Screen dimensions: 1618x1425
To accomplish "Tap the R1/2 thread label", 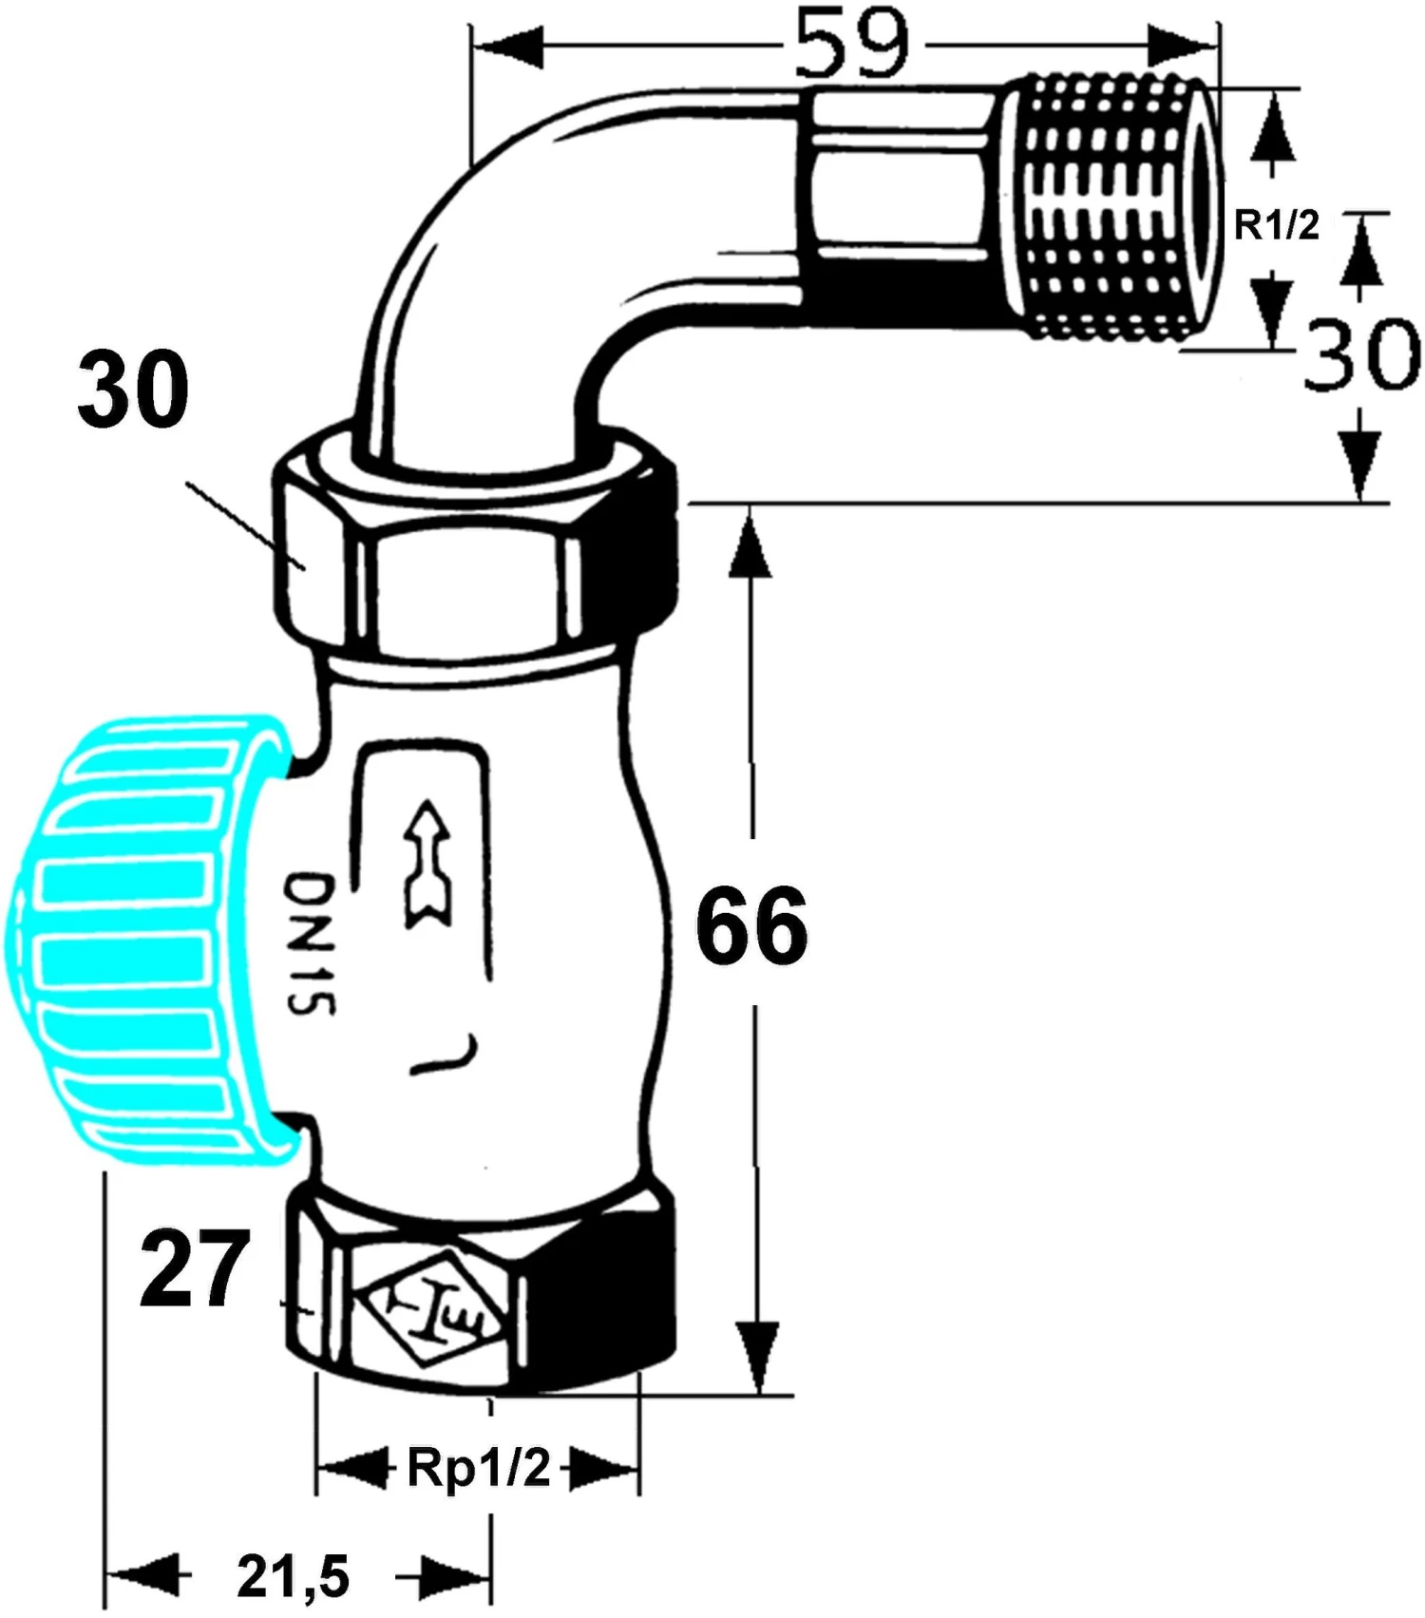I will pyautogui.click(x=1276, y=226).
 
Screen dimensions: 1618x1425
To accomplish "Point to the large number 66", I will pyautogui.click(x=751, y=925).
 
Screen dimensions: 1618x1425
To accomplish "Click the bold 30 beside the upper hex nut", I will pyautogui.click(x=133, y=390).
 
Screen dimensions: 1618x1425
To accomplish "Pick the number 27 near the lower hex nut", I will pyautogui.click(x=195, y=1268).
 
